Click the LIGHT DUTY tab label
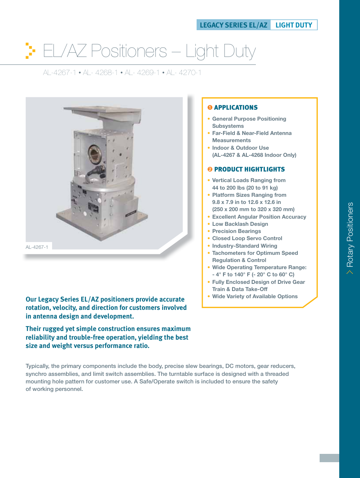coord(294,25)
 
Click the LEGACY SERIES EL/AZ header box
coord(234,25)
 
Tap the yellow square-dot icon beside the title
coord(30,51)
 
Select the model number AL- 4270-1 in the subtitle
coord(184,72)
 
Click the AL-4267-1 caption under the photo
coord(37,247)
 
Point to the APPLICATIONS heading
coord(235,107)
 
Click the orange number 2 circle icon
coord(210,169)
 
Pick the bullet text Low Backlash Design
coord(240,224)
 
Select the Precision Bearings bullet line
coord(236,231)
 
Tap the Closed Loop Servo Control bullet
coord(247,238)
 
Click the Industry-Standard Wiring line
coord(245,246)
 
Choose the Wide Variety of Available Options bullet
coord(255,296)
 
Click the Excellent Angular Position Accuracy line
coord(259,217)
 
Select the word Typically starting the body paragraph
coord(37,366)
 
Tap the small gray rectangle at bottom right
coord(329,458)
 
